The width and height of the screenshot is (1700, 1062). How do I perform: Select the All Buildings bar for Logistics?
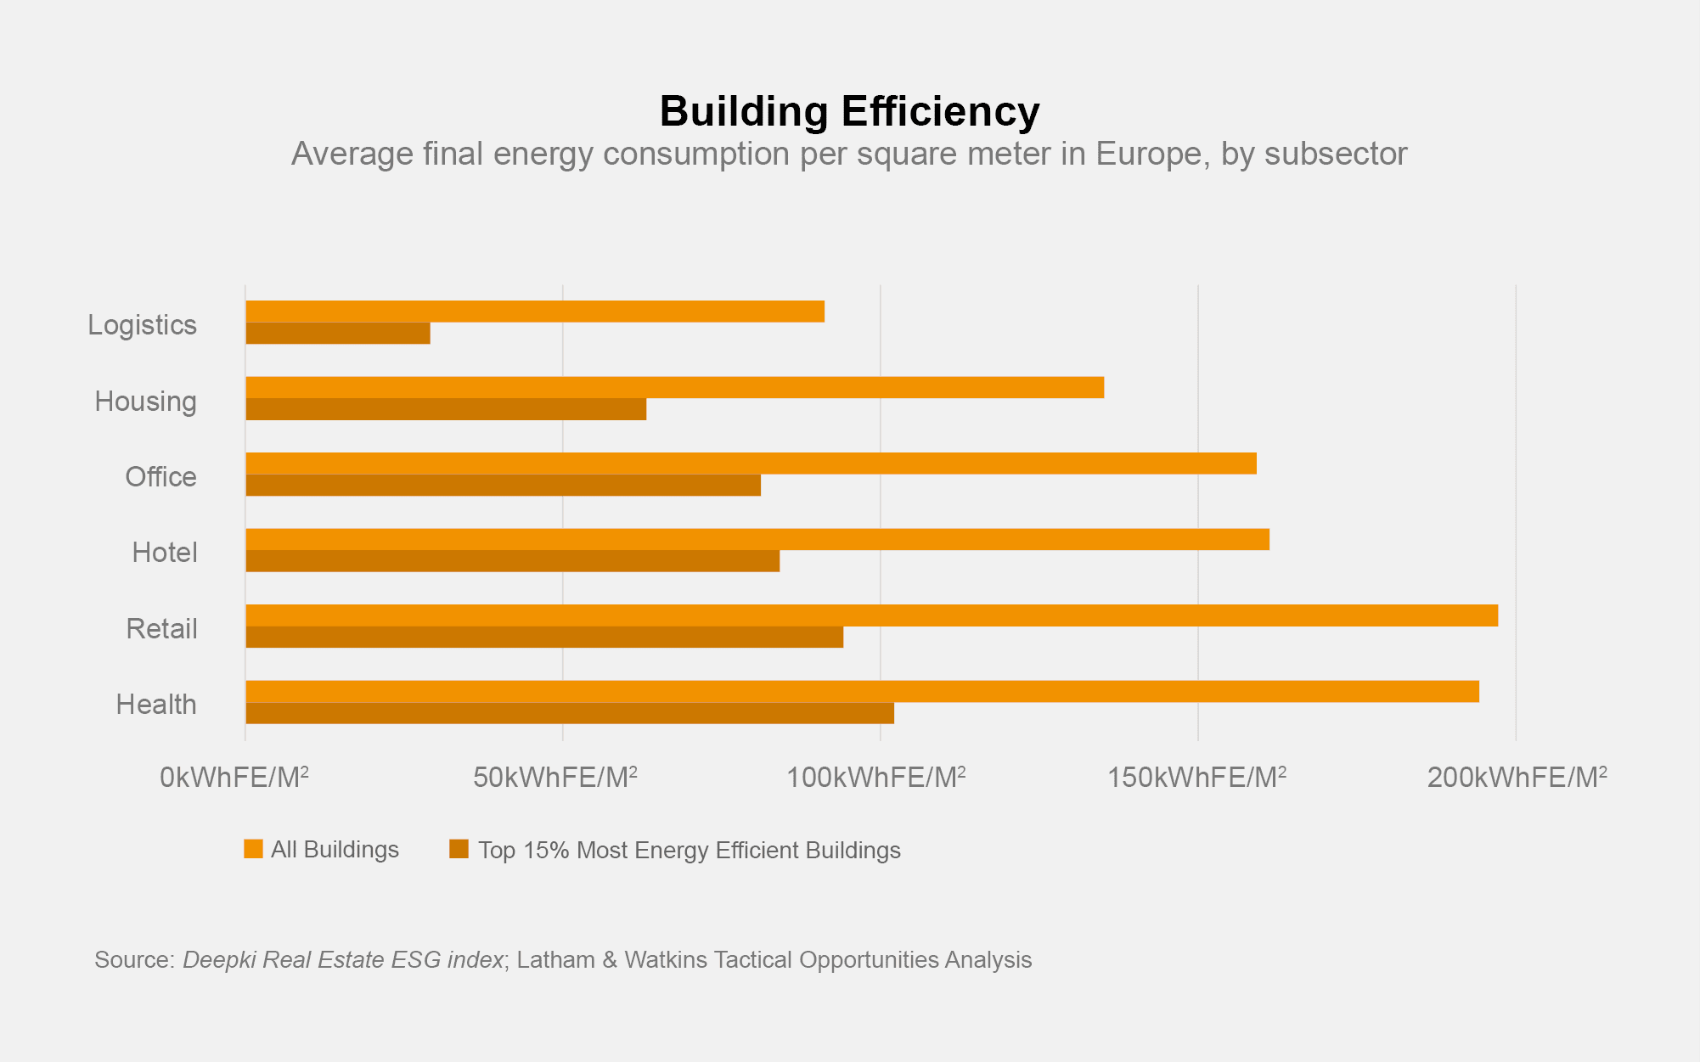pyautogui.click(x=535, y=312)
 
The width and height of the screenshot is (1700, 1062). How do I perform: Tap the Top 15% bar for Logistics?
pyautogui.click(x=338, y=334)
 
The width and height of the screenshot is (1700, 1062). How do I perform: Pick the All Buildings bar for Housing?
pyautogui.click(x=674, y=387)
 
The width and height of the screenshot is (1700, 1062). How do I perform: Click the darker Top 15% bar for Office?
pyautogui.click(x=503, y=486)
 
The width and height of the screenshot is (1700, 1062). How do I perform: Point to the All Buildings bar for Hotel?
pyautogui.click(x=757, y=539)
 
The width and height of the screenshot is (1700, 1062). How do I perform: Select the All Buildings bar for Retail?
pyautogui.click(x=871, y=615)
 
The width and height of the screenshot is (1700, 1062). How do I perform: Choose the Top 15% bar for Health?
pyautogui.click(x=570, y=713)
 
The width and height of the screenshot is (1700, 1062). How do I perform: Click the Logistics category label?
pyautogui.click(x=142, y=325)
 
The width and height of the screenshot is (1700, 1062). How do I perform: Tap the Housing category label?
pyautogui.click(x=145, y=402)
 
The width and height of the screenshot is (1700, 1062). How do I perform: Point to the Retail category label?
pyautogui.click(x=161, y=629)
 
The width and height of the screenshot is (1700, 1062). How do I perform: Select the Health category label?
pyautogui.click(x=156, y=705)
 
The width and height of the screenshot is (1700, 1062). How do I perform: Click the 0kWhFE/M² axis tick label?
pyautogui.click(x=234, y=778)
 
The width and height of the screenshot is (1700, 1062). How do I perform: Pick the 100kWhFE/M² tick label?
pyautogui.click(x=875, y=778)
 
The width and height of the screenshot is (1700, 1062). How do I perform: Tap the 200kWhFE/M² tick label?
pyautogui.click(x=1517, y=778)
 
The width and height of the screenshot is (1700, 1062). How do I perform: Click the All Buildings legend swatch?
pyautogui.click(x=253, y=849)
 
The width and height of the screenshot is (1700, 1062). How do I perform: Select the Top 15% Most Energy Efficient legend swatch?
pyautogui.click(x=459, y=849)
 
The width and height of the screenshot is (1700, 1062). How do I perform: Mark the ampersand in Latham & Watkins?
pyautogui.click(x=610, y=960)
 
